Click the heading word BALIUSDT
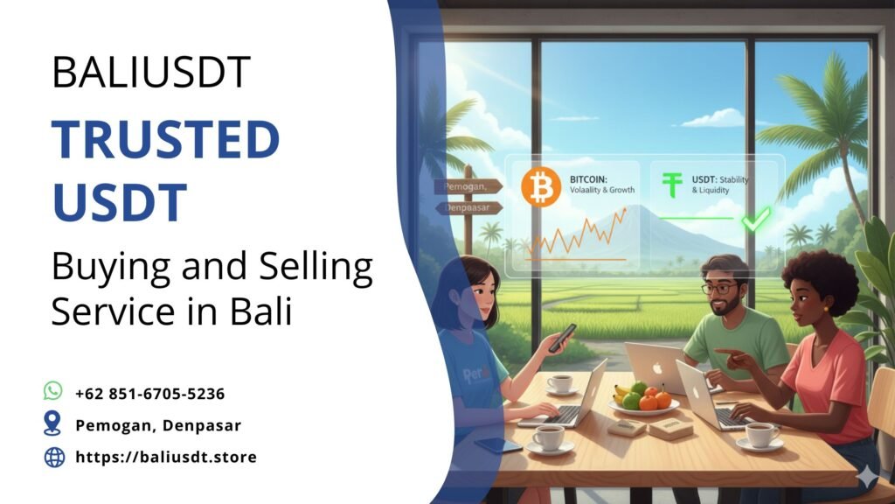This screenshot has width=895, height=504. (x=151, y=72)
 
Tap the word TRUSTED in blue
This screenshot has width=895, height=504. (x=165, y=140)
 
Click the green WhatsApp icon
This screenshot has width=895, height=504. (x=53, y=392)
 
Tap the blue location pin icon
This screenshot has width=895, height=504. (x=53, y=424)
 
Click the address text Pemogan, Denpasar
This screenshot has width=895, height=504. (x=158, y=425)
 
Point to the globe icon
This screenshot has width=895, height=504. (x=54, y=456)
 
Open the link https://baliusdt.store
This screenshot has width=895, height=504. (x=166, y=457)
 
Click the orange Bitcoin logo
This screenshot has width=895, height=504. (x=540, y=187)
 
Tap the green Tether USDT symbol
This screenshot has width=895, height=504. (x=671, y=185)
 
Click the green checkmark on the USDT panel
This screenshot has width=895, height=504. (x=753, y=220)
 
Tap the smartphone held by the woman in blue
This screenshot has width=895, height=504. (x=561, y=337)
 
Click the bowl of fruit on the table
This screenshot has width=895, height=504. (x=643, y=400)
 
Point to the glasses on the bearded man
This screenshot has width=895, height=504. (x=719, y=289)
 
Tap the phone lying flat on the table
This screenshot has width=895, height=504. (x=498, y=445)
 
